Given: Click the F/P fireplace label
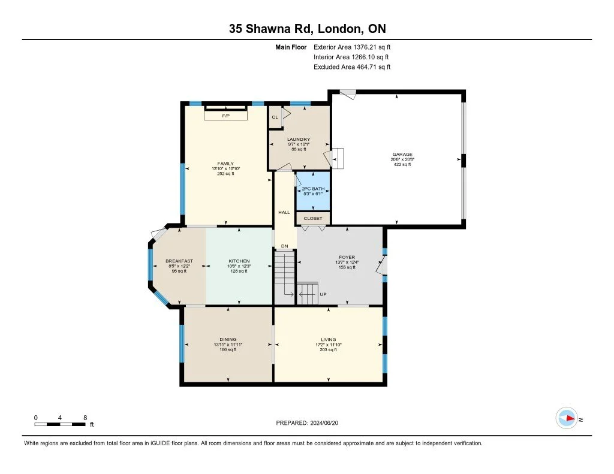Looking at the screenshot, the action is click(225, 116).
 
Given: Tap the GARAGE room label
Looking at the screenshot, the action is click(402, 154).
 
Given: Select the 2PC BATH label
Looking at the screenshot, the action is click(313, 189).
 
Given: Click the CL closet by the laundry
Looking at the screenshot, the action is click(275, 117).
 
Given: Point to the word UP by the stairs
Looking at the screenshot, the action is click(323, 294).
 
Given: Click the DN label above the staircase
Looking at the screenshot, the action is click(284, 246).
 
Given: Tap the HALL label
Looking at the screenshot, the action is click(284, 212).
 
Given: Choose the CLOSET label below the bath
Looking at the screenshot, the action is click(313, 218).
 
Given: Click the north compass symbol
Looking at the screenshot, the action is click(567, 418).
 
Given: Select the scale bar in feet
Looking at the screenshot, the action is click(60, 424).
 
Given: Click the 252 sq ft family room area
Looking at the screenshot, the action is click(225, 174).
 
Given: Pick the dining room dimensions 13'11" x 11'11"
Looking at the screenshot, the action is click(228, 345).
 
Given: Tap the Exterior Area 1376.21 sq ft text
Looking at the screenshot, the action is click(352, 47).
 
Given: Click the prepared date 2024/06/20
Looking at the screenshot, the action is click(324, 422).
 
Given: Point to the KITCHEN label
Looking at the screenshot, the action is click(239, 261).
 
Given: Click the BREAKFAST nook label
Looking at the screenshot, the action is click(179, 261).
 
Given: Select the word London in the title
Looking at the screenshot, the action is click(339, 29).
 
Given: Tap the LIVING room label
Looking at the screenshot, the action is click(328, 340).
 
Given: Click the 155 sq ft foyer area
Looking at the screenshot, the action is click(347, 267).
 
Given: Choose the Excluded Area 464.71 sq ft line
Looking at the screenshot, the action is click(352, 67).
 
